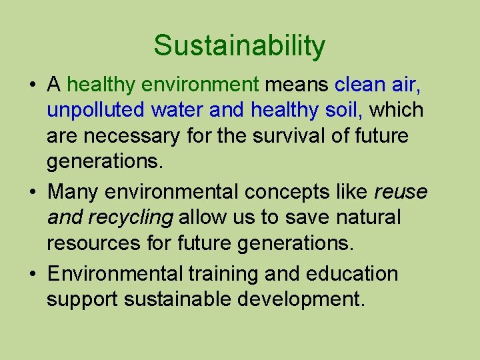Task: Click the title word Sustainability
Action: (x=239, y=46)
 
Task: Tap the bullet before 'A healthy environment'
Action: (x=32, y=85)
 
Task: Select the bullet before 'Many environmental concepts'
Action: (x=32, y=192)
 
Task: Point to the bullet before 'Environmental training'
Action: (x=32, y=274)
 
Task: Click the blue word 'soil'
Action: (x=341, y=109)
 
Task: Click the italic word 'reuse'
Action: (x=401, y=192)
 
